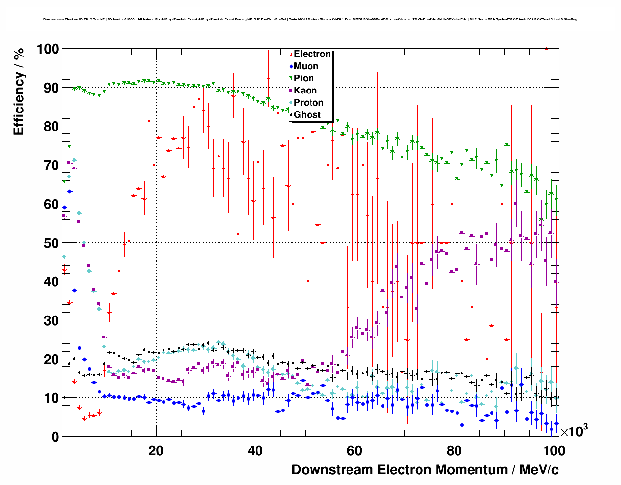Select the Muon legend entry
(306, 66)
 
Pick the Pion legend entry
(304, 78)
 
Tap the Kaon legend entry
(305, 91)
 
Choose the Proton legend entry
(309, 103)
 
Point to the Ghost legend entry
(307, 115)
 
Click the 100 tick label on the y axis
(48, 49)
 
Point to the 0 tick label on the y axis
(55, 437)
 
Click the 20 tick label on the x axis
(156, 450)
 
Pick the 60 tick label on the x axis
(355, 450)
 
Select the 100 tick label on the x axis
(553, 450)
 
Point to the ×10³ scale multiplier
(574, 431)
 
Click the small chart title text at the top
(310, 19)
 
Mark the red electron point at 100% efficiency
(546, 48)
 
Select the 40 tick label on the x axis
(255, 450)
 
